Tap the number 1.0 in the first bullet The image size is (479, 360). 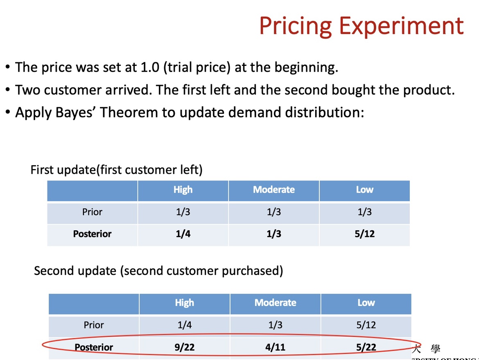150,67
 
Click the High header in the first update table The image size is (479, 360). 183,190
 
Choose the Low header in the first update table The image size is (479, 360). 364,190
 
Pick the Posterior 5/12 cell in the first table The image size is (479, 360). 364,234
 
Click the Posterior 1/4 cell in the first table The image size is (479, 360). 183,234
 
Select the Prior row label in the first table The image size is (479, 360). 92,212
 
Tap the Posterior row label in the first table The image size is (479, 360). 92,234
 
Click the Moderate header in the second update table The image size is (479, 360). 275,303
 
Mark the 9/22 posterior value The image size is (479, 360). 184,347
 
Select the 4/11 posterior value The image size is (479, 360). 275,347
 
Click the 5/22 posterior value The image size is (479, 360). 366,347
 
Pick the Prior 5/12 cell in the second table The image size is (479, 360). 366,325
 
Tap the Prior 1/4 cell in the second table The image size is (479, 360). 184,325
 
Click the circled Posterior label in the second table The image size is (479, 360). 94,347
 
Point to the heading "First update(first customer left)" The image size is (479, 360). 116,169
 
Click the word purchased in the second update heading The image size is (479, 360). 250,271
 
